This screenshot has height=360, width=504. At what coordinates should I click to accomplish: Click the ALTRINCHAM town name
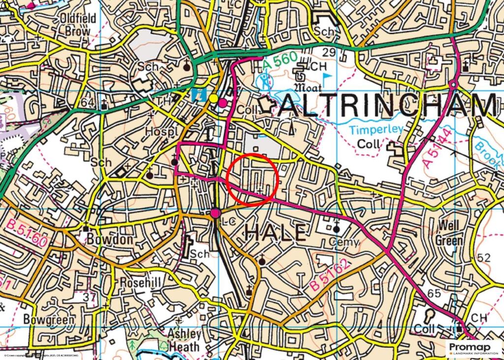[387, 105]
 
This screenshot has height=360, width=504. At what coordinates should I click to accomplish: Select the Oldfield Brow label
[75, 25]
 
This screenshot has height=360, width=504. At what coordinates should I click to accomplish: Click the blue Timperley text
[377, 130]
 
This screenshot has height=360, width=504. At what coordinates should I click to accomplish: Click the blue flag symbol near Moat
[327, 78]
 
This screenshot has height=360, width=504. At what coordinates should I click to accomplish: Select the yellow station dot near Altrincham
[214, 98]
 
